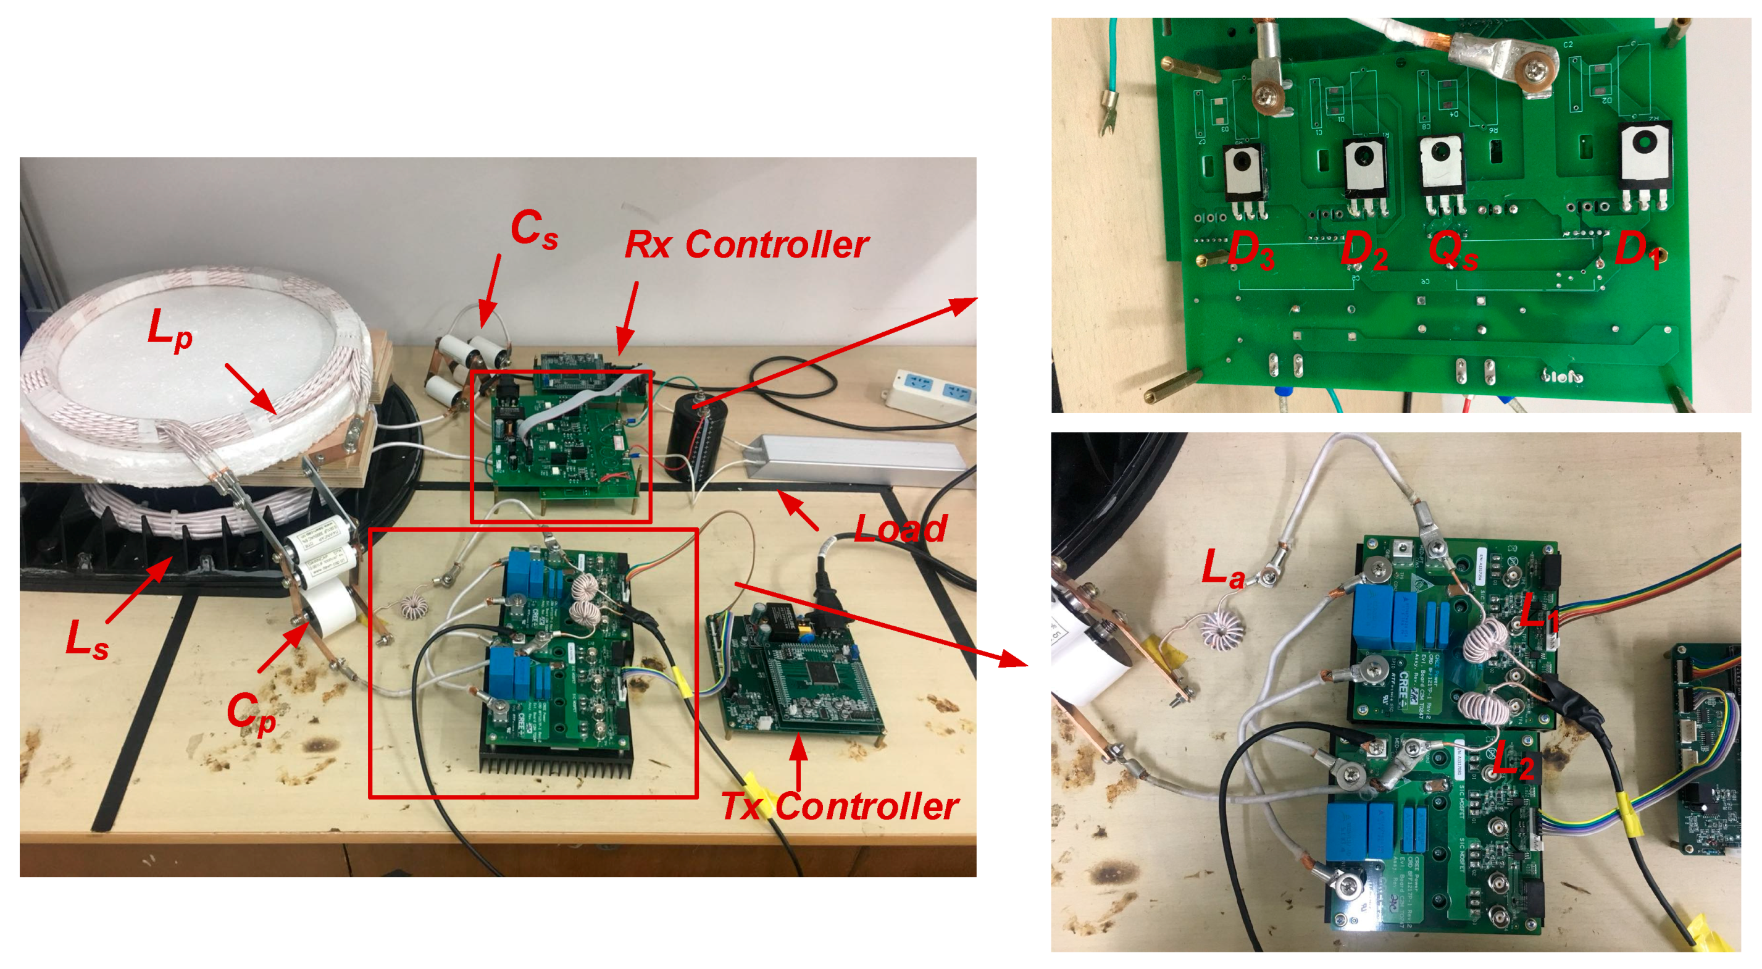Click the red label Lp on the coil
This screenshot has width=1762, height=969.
[170, 330]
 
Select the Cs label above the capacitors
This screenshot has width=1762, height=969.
[533, 229]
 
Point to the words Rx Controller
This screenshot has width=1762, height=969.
[746, 245]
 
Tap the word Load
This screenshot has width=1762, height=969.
[900, 528]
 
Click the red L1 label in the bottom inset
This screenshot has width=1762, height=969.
[1539, 610]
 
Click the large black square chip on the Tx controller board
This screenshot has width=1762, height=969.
[818, 672]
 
